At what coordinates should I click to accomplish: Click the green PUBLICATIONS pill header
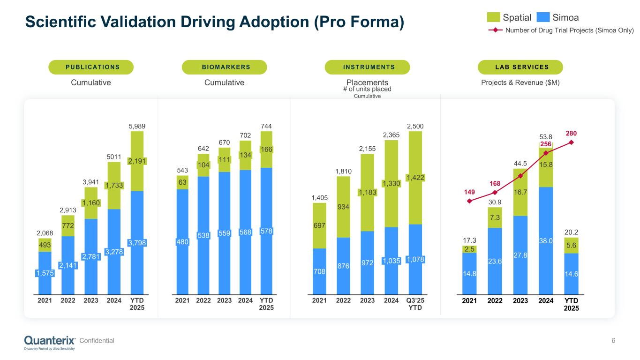(x=91, y=67)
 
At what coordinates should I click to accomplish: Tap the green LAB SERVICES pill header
(x=520, y=67)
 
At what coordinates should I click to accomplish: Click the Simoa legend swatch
(x=542, y=17)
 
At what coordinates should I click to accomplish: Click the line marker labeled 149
(x=469, y=201)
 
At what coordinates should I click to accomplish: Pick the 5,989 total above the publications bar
(x=137, y=126)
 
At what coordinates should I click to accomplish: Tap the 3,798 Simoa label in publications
(x=137, y=242)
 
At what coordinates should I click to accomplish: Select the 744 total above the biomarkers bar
(x=266, y=126)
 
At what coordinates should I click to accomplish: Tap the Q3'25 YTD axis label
(x=415, y=304)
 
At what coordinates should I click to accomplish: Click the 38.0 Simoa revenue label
(x=546, y=240)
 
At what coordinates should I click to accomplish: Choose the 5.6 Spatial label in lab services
(x=571, y=245)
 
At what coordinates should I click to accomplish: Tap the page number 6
(x=613, y=341)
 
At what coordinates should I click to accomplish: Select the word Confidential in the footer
(x=97, y=341)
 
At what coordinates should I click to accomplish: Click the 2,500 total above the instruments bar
(x=415, y=126)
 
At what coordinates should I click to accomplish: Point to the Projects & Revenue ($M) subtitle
(x=521, y=82)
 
